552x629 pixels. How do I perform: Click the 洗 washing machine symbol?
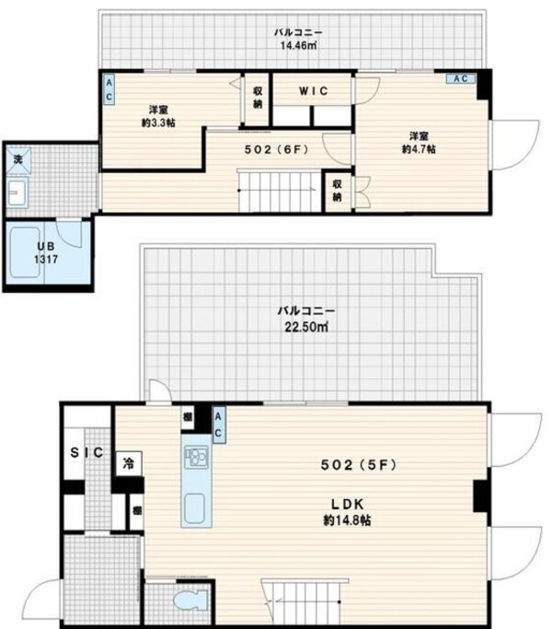coord(17,160)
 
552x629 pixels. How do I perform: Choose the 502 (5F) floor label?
coord(358,465)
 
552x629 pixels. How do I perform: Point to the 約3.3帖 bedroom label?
coord(159,113)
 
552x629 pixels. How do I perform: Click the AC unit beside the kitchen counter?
coord(219,425)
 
